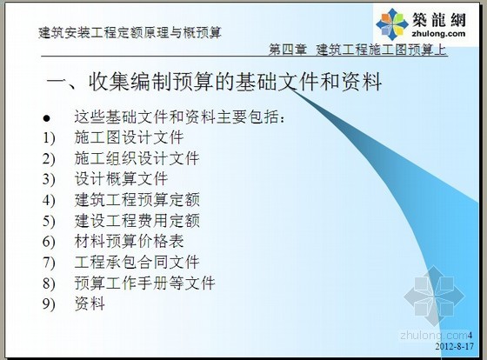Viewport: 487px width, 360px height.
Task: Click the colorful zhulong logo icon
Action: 392,24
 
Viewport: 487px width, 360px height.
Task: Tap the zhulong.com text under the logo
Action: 438,34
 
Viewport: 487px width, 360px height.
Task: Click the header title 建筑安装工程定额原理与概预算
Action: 130,33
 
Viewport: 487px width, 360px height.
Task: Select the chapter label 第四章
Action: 287,50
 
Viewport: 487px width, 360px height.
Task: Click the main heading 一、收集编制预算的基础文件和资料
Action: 214,82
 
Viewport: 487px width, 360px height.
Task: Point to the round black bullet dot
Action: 47,118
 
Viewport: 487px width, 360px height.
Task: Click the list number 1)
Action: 49,137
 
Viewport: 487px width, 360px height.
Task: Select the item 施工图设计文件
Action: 129,137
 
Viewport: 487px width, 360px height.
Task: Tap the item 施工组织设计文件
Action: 137,158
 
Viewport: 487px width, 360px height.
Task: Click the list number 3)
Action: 49,179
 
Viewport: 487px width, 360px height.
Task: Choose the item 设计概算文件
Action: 121,179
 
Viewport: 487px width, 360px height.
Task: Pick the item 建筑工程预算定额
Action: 137,200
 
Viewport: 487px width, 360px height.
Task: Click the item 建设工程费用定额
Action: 137,221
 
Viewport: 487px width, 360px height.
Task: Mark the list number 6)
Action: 49,242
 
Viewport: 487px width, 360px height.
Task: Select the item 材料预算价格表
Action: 129,242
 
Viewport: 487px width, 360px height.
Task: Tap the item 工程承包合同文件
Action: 137,262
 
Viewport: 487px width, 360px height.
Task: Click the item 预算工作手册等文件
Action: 144,283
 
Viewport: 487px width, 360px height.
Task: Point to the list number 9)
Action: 49,304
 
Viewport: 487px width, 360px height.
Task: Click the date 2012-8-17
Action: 454,346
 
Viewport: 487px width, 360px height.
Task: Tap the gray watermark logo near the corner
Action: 434,297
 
